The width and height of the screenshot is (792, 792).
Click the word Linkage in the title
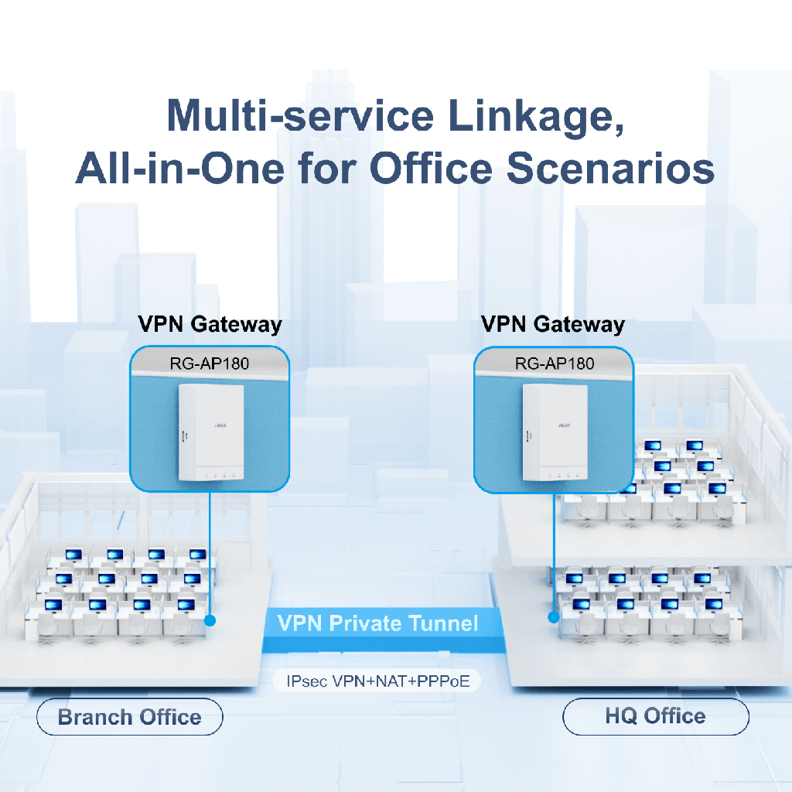click(536, 117)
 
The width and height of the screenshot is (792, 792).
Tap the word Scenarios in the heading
click(610, 168)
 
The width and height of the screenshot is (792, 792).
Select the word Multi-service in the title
click(300, 116)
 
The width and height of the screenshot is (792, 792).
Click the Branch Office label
click(130, 717)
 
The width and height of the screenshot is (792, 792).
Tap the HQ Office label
click(656, 716)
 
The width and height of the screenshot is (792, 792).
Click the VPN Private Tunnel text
click(377, 623)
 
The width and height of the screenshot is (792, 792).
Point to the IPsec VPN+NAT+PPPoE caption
click(377, 681)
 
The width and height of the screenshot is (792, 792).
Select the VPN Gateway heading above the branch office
click(210, 324)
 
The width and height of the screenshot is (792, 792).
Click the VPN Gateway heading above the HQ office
click(553, 324)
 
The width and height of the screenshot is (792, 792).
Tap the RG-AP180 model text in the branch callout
click(210, 364)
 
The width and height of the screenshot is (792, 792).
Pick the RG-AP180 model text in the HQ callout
click(555, 364)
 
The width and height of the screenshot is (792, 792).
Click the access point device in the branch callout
click(211, 433)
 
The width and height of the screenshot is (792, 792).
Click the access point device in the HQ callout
click(555, 433)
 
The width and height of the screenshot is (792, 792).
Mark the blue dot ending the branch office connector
click(210, 620)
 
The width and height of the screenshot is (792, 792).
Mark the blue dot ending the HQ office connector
click(554, 617)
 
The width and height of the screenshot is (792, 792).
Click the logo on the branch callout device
click(220, 426)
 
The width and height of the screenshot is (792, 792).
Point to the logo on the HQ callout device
click(565, 426)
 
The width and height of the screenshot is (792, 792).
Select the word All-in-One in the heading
click(179, 168)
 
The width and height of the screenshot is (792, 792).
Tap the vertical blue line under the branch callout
click(210, 554)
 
